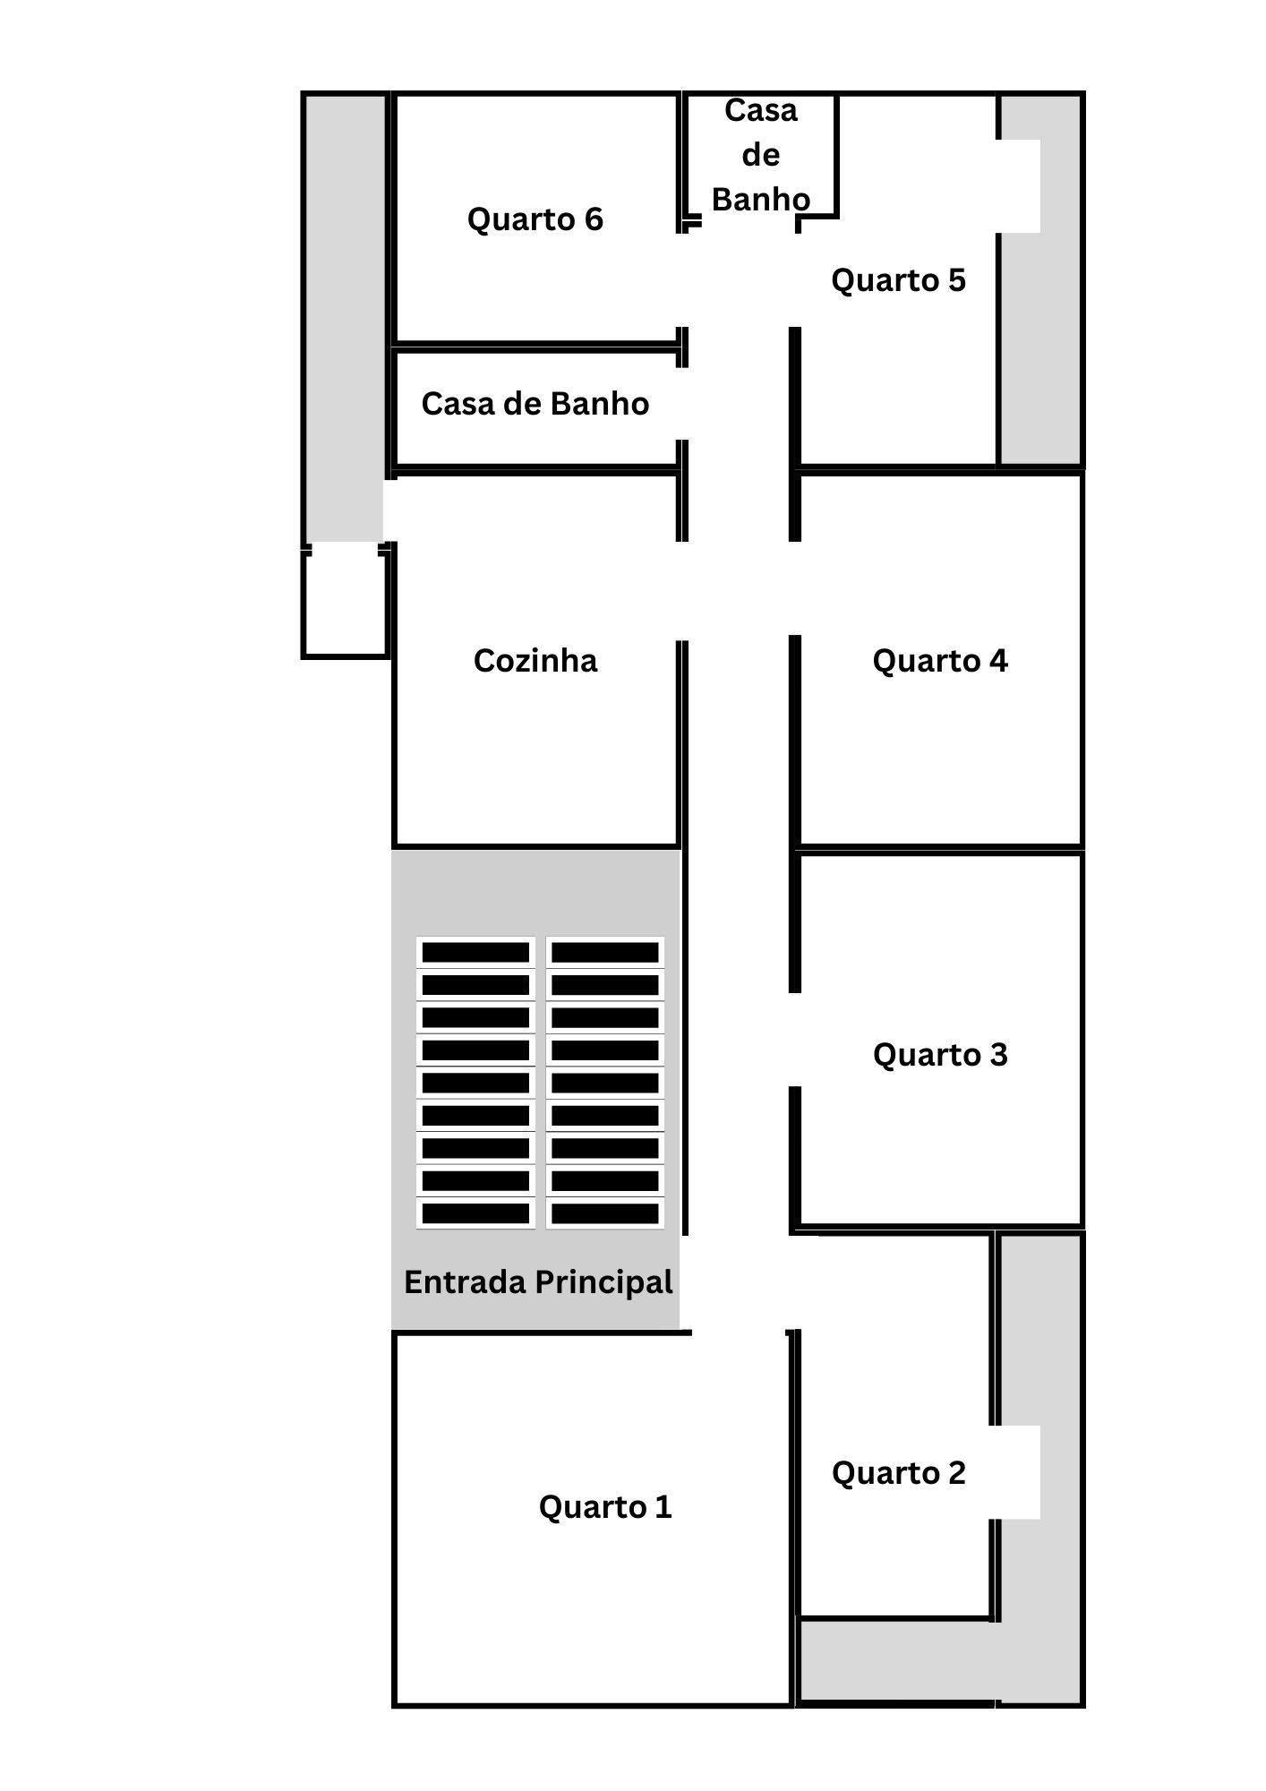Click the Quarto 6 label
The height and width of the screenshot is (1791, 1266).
535,219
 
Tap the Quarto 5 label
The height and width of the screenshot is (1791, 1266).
898,280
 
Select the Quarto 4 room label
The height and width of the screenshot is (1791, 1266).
939,661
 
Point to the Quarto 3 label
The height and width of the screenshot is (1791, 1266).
939,1055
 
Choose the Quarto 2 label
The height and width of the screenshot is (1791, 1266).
898,1473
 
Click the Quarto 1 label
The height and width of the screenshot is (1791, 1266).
604,1507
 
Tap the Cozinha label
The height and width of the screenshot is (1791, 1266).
535,661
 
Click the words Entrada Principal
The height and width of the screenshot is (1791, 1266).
537,1282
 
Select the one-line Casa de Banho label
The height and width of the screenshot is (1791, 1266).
535,404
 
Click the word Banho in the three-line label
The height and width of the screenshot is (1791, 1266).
760,199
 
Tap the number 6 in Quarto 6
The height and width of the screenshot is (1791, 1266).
593,219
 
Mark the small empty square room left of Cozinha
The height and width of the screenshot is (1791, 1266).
345,604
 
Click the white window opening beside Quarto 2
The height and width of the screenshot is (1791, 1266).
1019,1472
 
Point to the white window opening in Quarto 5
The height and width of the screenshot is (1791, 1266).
1021,186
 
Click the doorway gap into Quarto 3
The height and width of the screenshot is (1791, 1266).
793,1040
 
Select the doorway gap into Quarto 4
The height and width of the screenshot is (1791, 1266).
793,588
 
